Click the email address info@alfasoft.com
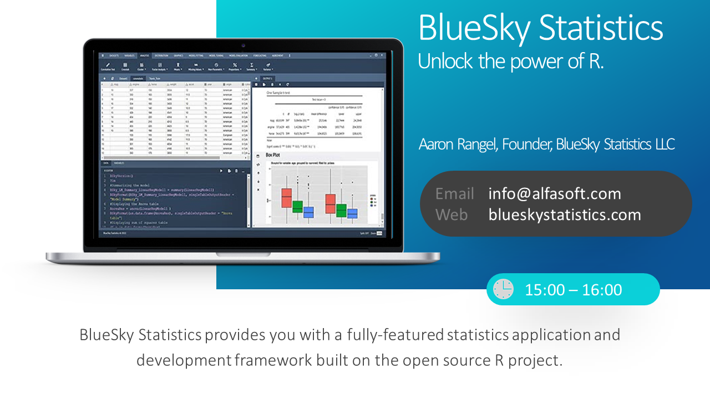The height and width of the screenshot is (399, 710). click(555, 194)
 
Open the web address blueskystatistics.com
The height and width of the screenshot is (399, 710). click(565, 215)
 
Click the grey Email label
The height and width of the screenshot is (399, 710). click(454, 194)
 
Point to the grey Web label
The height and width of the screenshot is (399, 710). click(452, 215)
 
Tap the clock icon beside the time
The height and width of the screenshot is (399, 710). click(503, 289)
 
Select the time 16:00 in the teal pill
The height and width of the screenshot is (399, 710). click(602, 290)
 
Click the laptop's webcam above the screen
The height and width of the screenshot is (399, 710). click(244, 45)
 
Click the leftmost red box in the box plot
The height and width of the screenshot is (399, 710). click(286, 198)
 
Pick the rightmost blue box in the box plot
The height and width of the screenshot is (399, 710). click(352, 213)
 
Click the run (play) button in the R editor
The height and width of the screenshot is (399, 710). click(221, 171)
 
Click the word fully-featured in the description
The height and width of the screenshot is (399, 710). click(395, 335)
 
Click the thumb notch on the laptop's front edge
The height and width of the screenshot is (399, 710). click(243, 254)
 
